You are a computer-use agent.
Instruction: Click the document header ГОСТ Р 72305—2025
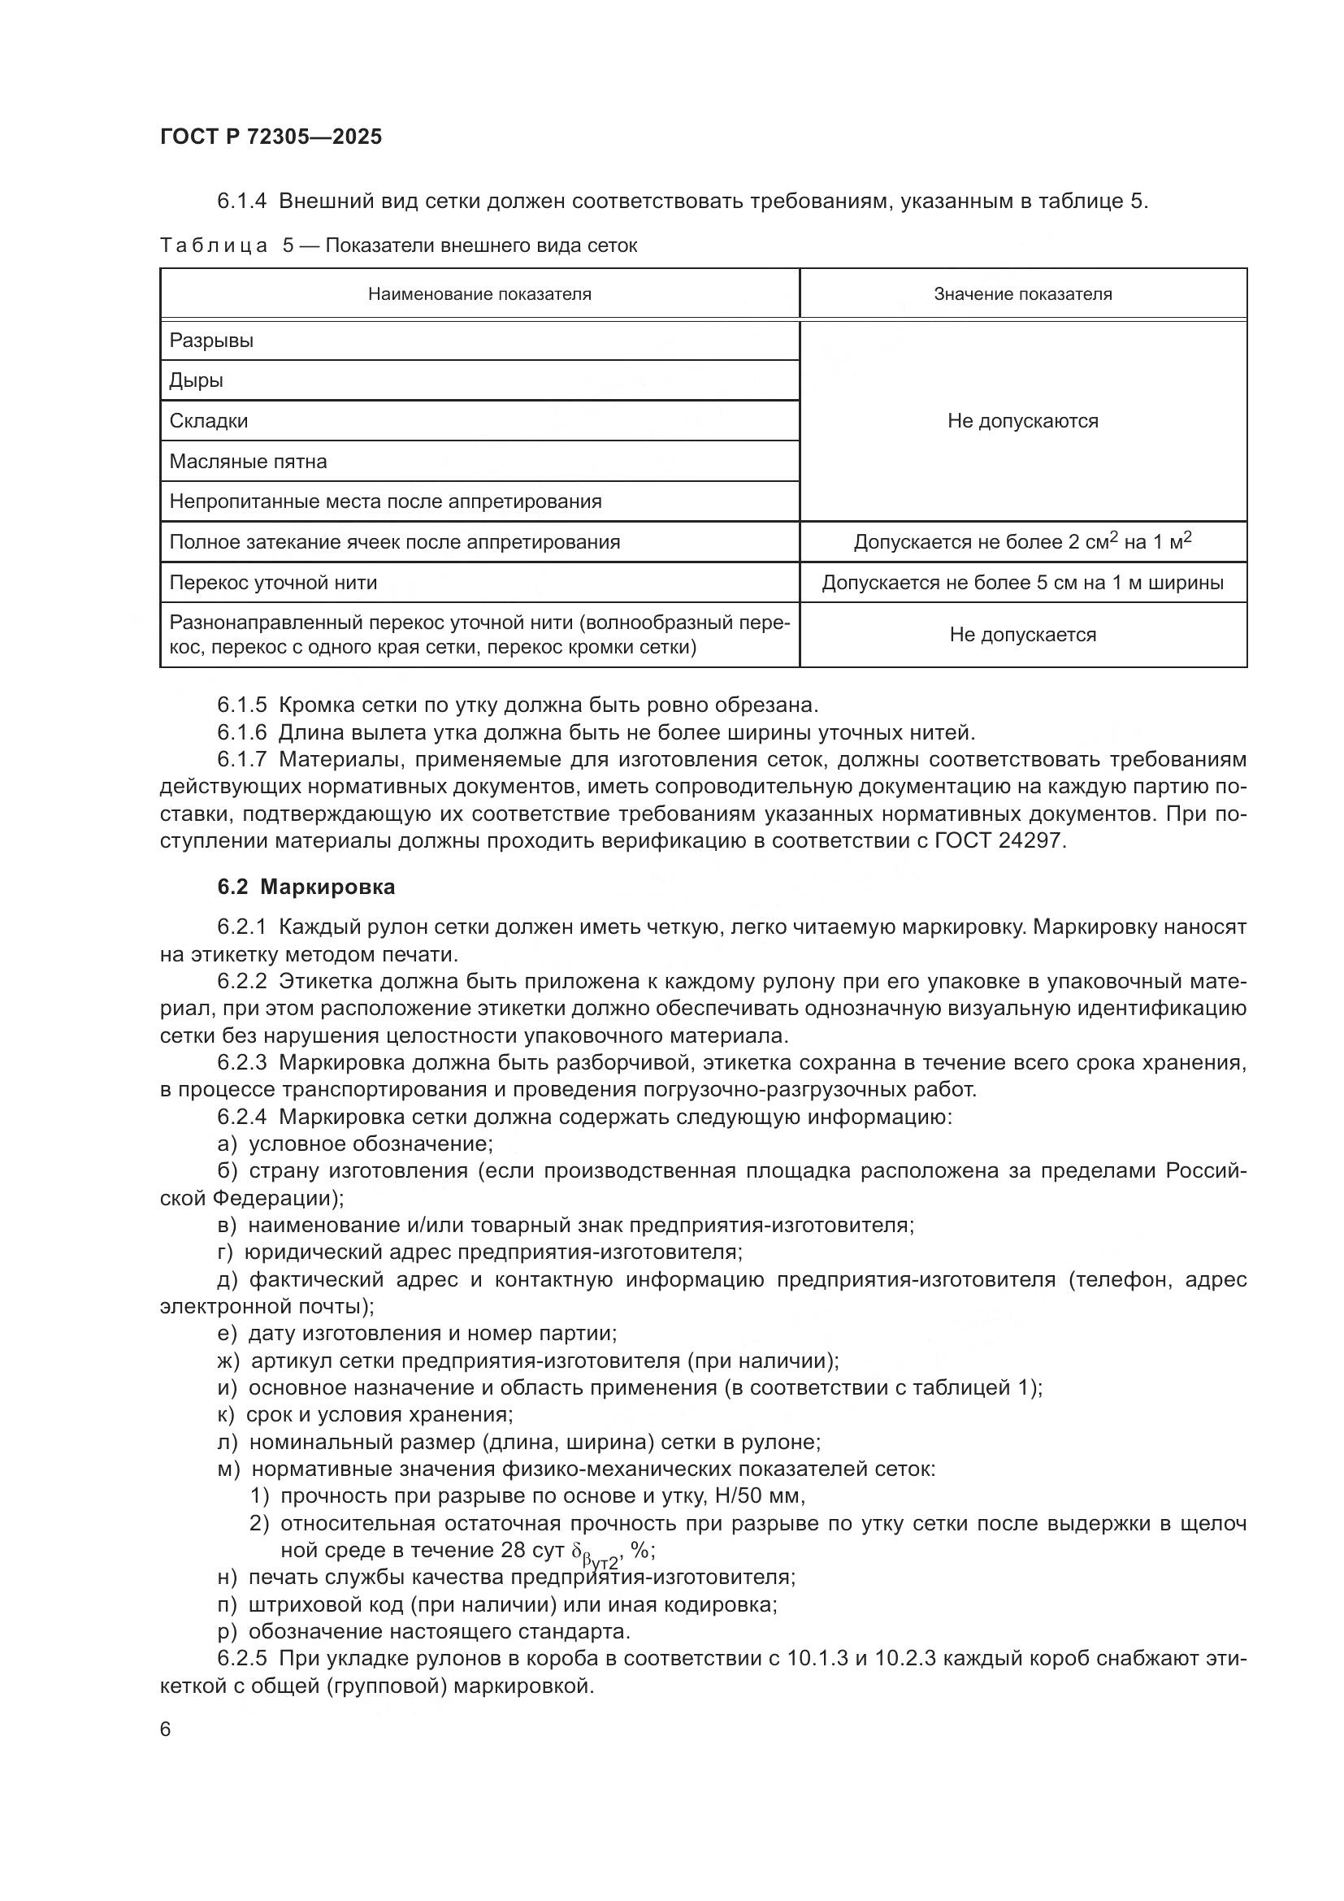coord(271,137)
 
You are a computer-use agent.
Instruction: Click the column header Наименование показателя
coord(479,294)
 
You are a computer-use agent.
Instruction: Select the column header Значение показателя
coord(1022,294)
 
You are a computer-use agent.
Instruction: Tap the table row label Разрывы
coord(211,341)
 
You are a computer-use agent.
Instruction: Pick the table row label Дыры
coord(196,381)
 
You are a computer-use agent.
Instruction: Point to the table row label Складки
coord(209,421)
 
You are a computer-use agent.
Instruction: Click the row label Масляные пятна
coord(248,461)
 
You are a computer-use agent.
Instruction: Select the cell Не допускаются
coord(1022,421)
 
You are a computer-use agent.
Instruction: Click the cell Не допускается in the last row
coord(1022,635)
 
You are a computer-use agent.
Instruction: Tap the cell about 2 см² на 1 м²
coord(1022,542)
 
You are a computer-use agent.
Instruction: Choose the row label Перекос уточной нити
coord(273,583)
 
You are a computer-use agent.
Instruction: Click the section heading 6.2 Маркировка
coord(306,887)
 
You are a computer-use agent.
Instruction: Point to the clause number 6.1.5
coord(241,705)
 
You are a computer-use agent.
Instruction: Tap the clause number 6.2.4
coord(241,1117)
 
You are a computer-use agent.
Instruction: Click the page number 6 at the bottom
coord(166,1730)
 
